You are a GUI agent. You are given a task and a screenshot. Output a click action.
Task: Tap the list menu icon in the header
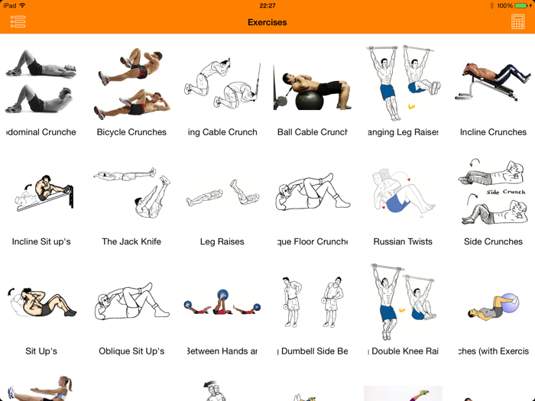(18, 22)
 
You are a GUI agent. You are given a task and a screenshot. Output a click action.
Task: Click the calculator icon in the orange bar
(517, 22)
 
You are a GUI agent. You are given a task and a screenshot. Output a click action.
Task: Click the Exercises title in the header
(267, 22)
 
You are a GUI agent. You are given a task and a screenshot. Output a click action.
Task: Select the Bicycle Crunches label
(131, 132)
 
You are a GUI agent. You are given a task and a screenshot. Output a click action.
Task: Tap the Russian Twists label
(403, 241)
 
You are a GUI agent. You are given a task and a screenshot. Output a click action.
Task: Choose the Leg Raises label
(222, 241)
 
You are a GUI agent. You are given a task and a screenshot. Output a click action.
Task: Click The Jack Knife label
(131, 241)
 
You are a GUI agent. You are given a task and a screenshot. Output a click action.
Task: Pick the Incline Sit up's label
(41, 241)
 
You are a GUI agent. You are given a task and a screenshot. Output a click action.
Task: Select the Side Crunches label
(493, 241)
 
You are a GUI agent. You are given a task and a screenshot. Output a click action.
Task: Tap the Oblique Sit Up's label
(131, 351)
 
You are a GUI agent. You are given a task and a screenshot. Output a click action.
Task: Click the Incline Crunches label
(493, 132)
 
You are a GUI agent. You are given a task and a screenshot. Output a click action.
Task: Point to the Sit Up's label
(41, 351)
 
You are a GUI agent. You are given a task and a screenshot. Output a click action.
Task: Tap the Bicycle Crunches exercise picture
(131, 84)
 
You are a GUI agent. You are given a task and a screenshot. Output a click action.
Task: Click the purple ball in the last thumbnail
(510, 302)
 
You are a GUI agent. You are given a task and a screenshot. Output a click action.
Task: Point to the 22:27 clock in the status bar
(267, 5)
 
